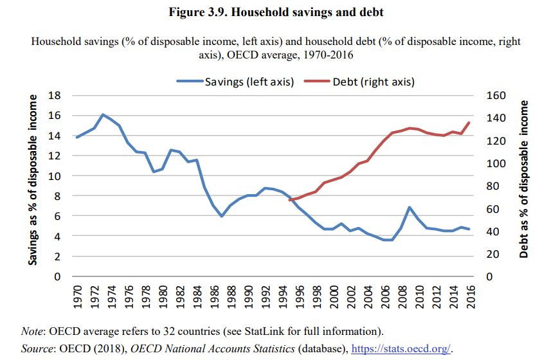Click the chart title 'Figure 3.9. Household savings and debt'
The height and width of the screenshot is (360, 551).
[x=276, y=12]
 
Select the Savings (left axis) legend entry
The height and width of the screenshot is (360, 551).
[x=235, y=82]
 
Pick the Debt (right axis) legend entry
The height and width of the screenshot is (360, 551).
[x=359, y=82]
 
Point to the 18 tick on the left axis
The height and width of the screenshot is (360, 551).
[x=55, y=96]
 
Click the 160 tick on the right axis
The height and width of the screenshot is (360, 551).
[x=496, y=96]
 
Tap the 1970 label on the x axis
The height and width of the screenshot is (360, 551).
[x=78, y=297]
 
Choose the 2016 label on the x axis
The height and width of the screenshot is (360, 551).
[x=470, y=297]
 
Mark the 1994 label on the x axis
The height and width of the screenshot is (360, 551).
[x=282, y=297]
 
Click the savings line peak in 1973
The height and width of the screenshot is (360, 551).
[x=103, y=114]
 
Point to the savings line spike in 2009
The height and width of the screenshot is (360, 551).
[x=410, y=208]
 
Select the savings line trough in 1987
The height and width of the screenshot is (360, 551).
[x=222, y=216]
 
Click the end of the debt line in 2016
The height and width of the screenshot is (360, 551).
[x=469, y=123]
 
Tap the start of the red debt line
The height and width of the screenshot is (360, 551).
[x=290, y=200]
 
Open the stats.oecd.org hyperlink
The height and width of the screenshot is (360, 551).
[x=401, y=348]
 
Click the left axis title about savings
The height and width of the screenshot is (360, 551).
[x=33, y=180]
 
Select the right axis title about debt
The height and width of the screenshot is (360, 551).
[x=523, y=179]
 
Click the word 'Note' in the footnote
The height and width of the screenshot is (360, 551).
[x=32, y=331]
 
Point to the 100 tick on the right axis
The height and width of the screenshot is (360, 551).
[x=496, y=164]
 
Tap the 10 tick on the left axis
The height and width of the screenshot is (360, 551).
[x=55, y=176]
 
